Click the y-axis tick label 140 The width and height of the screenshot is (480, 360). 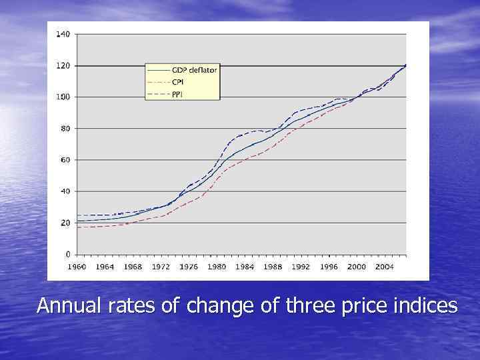point(63,34)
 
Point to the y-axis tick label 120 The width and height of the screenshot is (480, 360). point(63,65)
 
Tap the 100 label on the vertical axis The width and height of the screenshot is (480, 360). point(63,97)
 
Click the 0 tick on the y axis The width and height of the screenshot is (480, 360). point(67,254)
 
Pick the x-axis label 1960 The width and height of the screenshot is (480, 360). point(77,267)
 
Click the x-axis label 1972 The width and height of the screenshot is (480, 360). point(161,267)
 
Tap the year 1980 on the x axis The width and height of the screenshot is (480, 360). point(216,267)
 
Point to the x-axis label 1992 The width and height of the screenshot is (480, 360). point(300,267)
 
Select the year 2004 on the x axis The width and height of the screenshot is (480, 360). point(383,267)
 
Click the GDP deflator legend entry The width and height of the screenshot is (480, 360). point(194,70)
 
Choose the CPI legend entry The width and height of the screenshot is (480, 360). point(178,82)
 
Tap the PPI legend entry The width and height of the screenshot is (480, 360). point(177,94)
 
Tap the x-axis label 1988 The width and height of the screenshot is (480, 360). point(272,267)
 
